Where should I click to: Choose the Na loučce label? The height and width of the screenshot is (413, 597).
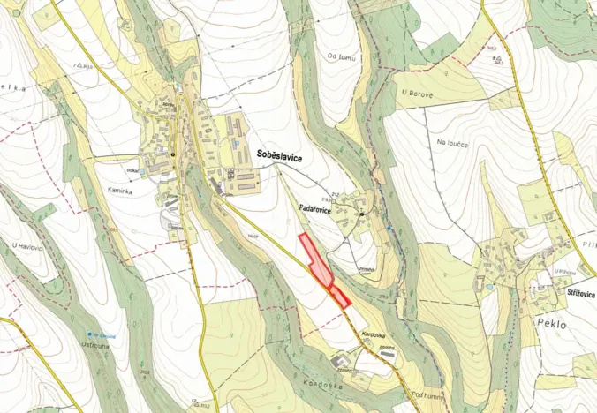(450, 141)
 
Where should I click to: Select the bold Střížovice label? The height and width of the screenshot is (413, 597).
(575, 294)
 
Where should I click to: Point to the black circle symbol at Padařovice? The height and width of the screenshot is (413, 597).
(361, 214)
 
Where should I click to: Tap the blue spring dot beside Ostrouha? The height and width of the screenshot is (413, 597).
(91, 334)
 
